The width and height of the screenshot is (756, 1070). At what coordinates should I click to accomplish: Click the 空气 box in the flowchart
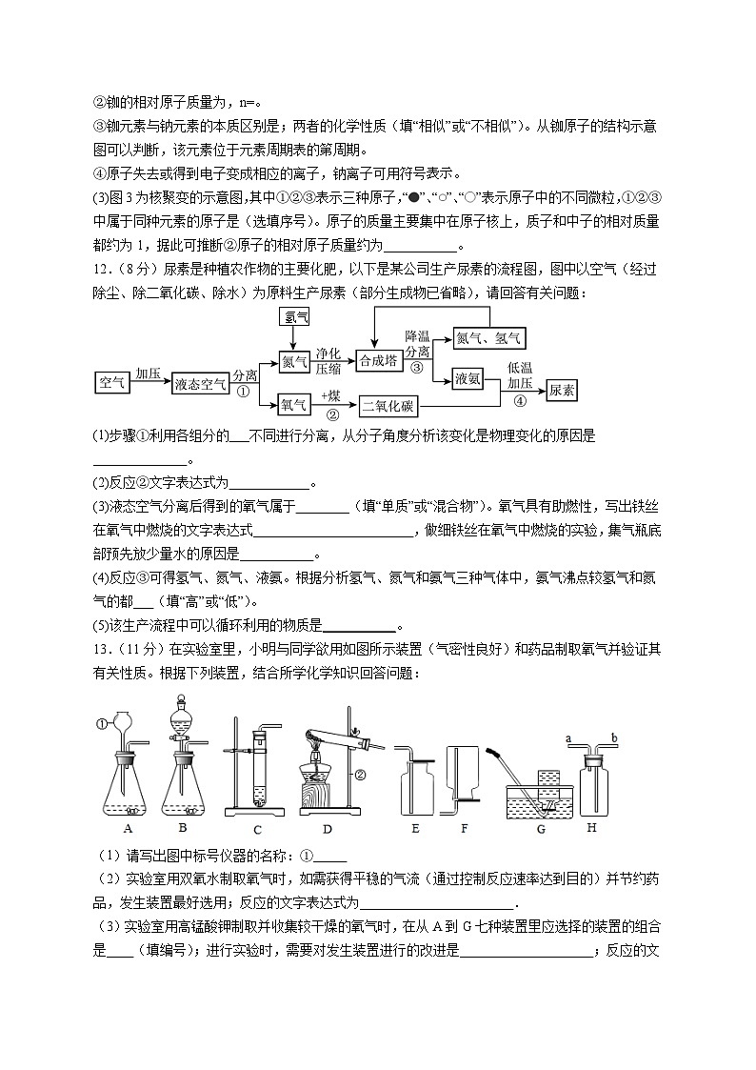click(112, 384)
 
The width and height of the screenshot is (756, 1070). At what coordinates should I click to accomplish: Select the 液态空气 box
click(200, 384)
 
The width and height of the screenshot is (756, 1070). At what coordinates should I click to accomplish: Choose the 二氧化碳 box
click(388, 407)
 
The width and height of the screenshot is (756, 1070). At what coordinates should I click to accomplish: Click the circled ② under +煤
click(332, 414)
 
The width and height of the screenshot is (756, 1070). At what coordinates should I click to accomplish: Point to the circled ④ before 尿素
click(520, 400)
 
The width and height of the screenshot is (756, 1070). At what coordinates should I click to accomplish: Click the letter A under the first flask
click(129, 828)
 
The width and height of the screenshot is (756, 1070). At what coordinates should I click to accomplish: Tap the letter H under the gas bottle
click(592, 828)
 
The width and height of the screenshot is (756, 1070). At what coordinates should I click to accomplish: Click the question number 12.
click(102, 269)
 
